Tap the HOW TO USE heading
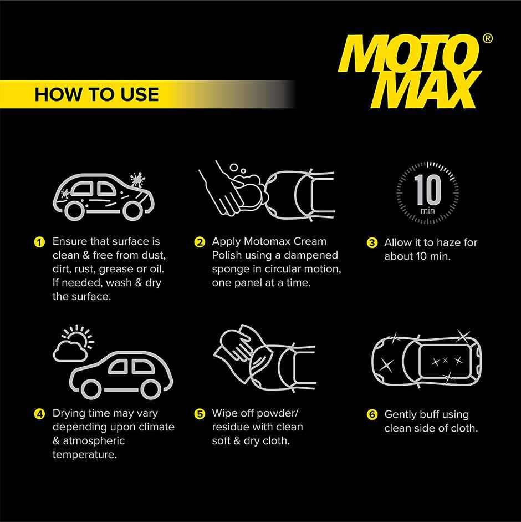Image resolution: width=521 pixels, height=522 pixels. [96, 94]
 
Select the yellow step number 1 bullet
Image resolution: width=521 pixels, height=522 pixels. [39, 242]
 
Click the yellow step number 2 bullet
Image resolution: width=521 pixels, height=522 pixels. [200, 242]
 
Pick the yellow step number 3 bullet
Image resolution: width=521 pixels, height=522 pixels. [372, 243]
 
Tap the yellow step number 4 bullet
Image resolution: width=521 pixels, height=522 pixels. [39, 414]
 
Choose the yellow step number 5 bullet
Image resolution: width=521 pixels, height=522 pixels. [200, 414]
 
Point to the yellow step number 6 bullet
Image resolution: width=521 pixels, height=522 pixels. [372, 415]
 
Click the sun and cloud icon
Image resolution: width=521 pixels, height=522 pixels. [71, 342]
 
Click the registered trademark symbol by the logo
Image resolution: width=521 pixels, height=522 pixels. [487, 39]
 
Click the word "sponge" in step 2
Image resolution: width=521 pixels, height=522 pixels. [229, 269]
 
